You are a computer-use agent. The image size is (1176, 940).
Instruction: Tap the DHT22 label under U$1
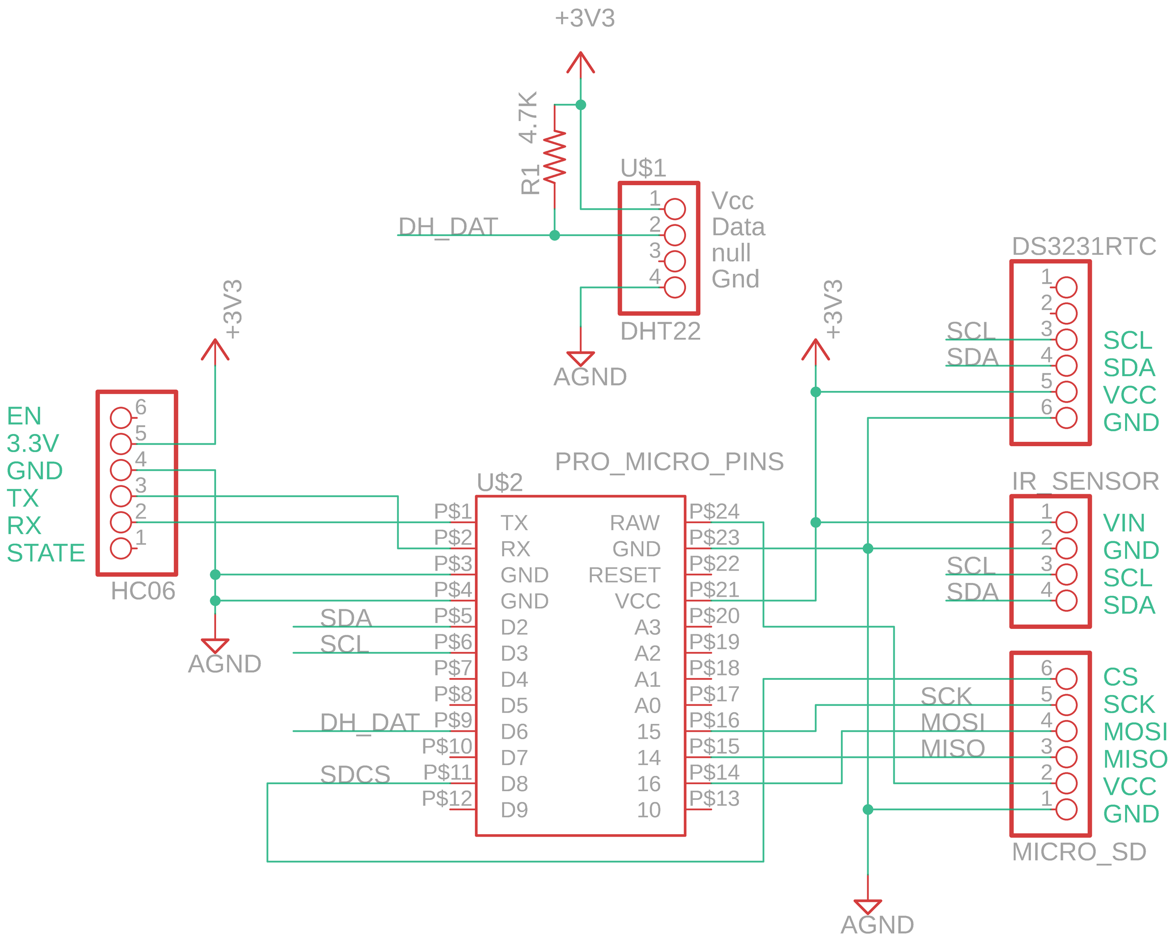coord(660,332)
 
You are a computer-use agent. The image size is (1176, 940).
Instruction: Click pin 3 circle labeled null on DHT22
coord(675,261)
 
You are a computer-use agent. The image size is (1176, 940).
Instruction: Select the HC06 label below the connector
coord(143,591)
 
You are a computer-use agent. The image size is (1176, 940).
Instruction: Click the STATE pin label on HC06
coord(46,553)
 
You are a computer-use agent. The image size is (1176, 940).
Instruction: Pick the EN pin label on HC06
coord(24,416)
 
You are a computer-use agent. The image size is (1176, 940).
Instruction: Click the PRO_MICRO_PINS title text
coord(669,462)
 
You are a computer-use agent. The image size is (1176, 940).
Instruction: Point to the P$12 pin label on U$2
coord(447,798)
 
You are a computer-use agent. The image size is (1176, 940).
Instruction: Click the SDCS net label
coord(355,774)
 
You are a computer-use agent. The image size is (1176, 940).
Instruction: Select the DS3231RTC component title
coord(1084,246)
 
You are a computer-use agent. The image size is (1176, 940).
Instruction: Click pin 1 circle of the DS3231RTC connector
coord(1066,288)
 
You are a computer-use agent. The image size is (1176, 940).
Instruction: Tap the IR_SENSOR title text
coord(1085,482)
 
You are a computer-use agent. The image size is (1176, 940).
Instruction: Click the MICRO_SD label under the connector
coord(1079,852)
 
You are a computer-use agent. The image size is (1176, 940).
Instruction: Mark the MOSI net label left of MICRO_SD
coord(953,723)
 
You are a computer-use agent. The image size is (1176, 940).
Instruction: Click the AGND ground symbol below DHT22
coord(580,359)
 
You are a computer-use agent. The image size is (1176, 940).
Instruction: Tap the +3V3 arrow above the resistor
coord(580,63)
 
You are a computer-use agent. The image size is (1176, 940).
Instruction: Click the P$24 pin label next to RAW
coord(714,511)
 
